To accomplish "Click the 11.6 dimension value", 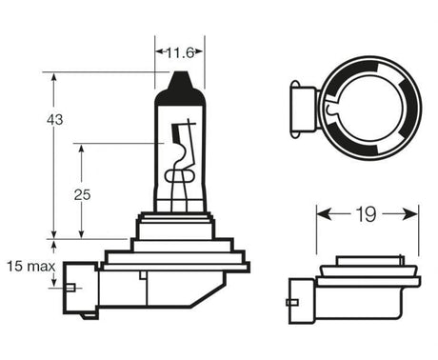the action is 180,52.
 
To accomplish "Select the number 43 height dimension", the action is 55,120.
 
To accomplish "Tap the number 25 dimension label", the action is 82,194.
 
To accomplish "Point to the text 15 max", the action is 30,267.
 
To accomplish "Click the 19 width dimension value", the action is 366,214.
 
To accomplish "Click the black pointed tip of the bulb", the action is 180,81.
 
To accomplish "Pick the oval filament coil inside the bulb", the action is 179,176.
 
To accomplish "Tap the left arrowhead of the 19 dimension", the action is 324,214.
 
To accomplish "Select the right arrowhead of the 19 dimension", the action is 410,214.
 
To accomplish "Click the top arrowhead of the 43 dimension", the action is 54,78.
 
